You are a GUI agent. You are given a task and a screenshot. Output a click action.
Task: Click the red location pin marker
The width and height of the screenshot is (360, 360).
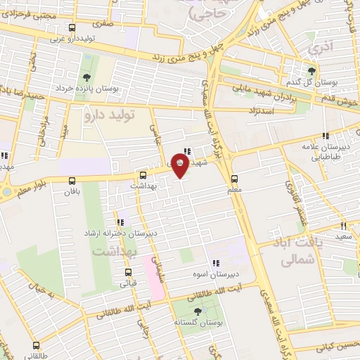pyautogui.click(x=181, y=166)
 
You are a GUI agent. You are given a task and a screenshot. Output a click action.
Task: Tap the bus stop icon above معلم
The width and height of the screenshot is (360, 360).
pyautogui.click(x=235, y=178)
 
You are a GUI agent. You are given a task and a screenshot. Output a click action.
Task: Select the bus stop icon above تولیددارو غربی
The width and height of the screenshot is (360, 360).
pyautogui.click(x=53, y=28)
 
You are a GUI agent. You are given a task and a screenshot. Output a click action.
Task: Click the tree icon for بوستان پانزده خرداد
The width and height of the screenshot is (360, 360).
pyautogui.click(x=86, y=77)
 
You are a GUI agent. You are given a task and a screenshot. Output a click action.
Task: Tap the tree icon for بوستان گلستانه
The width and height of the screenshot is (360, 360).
pyautogui.click(x=196, y=310)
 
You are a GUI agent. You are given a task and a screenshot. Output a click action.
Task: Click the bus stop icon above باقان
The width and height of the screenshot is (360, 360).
pyautogui.click(x=69, y=180)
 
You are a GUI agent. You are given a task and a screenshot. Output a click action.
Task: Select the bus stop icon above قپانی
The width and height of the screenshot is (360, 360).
pyautogui.click(x=128, y=272)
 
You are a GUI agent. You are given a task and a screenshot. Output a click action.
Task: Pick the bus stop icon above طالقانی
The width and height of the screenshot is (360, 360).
pyautogui.click(x=36, y=346)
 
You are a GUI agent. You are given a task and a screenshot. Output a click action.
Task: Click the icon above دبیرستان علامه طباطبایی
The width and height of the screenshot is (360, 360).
pyautogui.click(x=325, y=136)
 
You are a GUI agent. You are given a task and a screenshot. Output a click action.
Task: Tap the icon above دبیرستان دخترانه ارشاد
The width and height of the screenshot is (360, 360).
pyautogui.click(x=120, y=222)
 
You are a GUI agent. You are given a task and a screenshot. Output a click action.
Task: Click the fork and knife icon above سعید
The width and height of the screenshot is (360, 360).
pyautogui.click(x=343, y=226)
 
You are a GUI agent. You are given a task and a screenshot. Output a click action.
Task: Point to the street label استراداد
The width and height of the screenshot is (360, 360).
pyautogui.click(x=260, y=112)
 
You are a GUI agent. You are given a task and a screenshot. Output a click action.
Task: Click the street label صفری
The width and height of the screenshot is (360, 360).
pyautogui.click(x=104, y=23)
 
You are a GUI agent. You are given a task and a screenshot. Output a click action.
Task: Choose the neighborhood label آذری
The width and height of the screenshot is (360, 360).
pyautogui.click(x=320, y=49)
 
